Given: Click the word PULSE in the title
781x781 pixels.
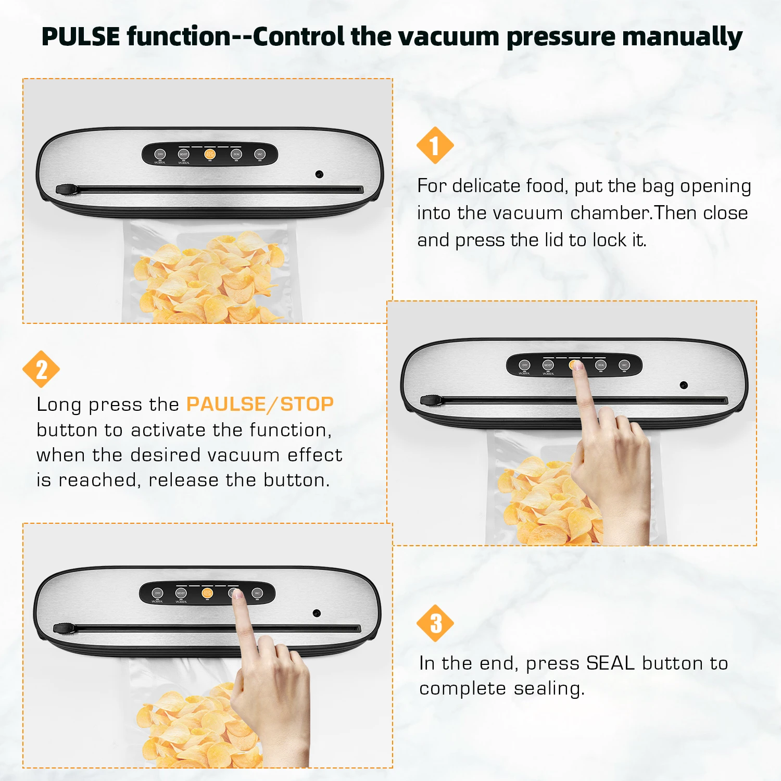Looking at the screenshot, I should [81, 37].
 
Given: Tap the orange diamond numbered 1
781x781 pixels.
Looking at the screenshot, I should [435, 145].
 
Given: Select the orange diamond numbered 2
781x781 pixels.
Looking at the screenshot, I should [41, 369].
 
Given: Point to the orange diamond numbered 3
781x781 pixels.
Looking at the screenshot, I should [435, 623].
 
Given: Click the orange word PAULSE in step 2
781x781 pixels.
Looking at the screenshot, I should [226, 405].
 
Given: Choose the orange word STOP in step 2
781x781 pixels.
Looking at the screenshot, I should [307, 405].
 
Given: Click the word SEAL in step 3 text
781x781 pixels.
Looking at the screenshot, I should [610, 663].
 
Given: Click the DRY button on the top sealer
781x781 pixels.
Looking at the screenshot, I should [160, 154].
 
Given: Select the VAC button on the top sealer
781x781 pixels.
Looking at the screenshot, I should [260, 154].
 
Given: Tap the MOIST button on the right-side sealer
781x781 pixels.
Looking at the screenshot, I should [548, 365].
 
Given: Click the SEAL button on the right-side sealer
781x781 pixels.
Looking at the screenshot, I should [601, 365].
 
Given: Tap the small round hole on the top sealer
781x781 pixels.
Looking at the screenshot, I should [319, 174].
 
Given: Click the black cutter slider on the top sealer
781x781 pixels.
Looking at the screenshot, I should [66, 190].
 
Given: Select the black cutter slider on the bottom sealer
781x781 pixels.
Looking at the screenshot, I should [64, 628].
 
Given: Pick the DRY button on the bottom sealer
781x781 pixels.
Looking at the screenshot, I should [158, 593].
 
